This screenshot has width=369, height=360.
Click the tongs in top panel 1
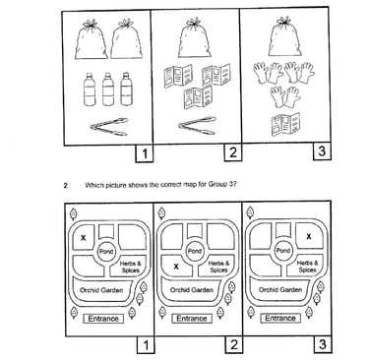click(x=110, y=127)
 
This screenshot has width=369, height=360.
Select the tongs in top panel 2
click(x=198, y=125)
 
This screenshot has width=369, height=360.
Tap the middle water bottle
click(x=108, y=90)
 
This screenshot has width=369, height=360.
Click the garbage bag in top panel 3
click(x=284, y=37)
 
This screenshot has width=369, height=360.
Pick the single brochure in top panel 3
click(x=285, y=125)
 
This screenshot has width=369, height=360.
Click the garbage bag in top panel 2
click(x=195, y=38)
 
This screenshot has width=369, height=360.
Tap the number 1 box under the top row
click(x=145, y=153)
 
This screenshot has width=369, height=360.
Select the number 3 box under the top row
click(x=322, y=151)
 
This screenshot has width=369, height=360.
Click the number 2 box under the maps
click(x=234, y=344)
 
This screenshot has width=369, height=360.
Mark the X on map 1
click(x=84, y=237)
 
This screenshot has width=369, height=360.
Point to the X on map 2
click(x=176, y=267)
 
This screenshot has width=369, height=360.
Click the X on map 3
click(x=309, y=236)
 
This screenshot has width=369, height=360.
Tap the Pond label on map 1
click(x=106, y=252)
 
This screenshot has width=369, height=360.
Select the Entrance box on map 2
click(x=192, y=319)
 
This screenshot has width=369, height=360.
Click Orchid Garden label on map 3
click(x=280, y=290)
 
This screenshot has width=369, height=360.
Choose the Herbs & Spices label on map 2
click(x=218, y=267)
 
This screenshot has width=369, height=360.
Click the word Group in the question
click(x=214, y=185)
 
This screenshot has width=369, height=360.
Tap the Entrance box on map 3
click(x=280, y=318)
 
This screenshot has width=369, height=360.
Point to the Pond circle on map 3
click(x=283, y=251)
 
